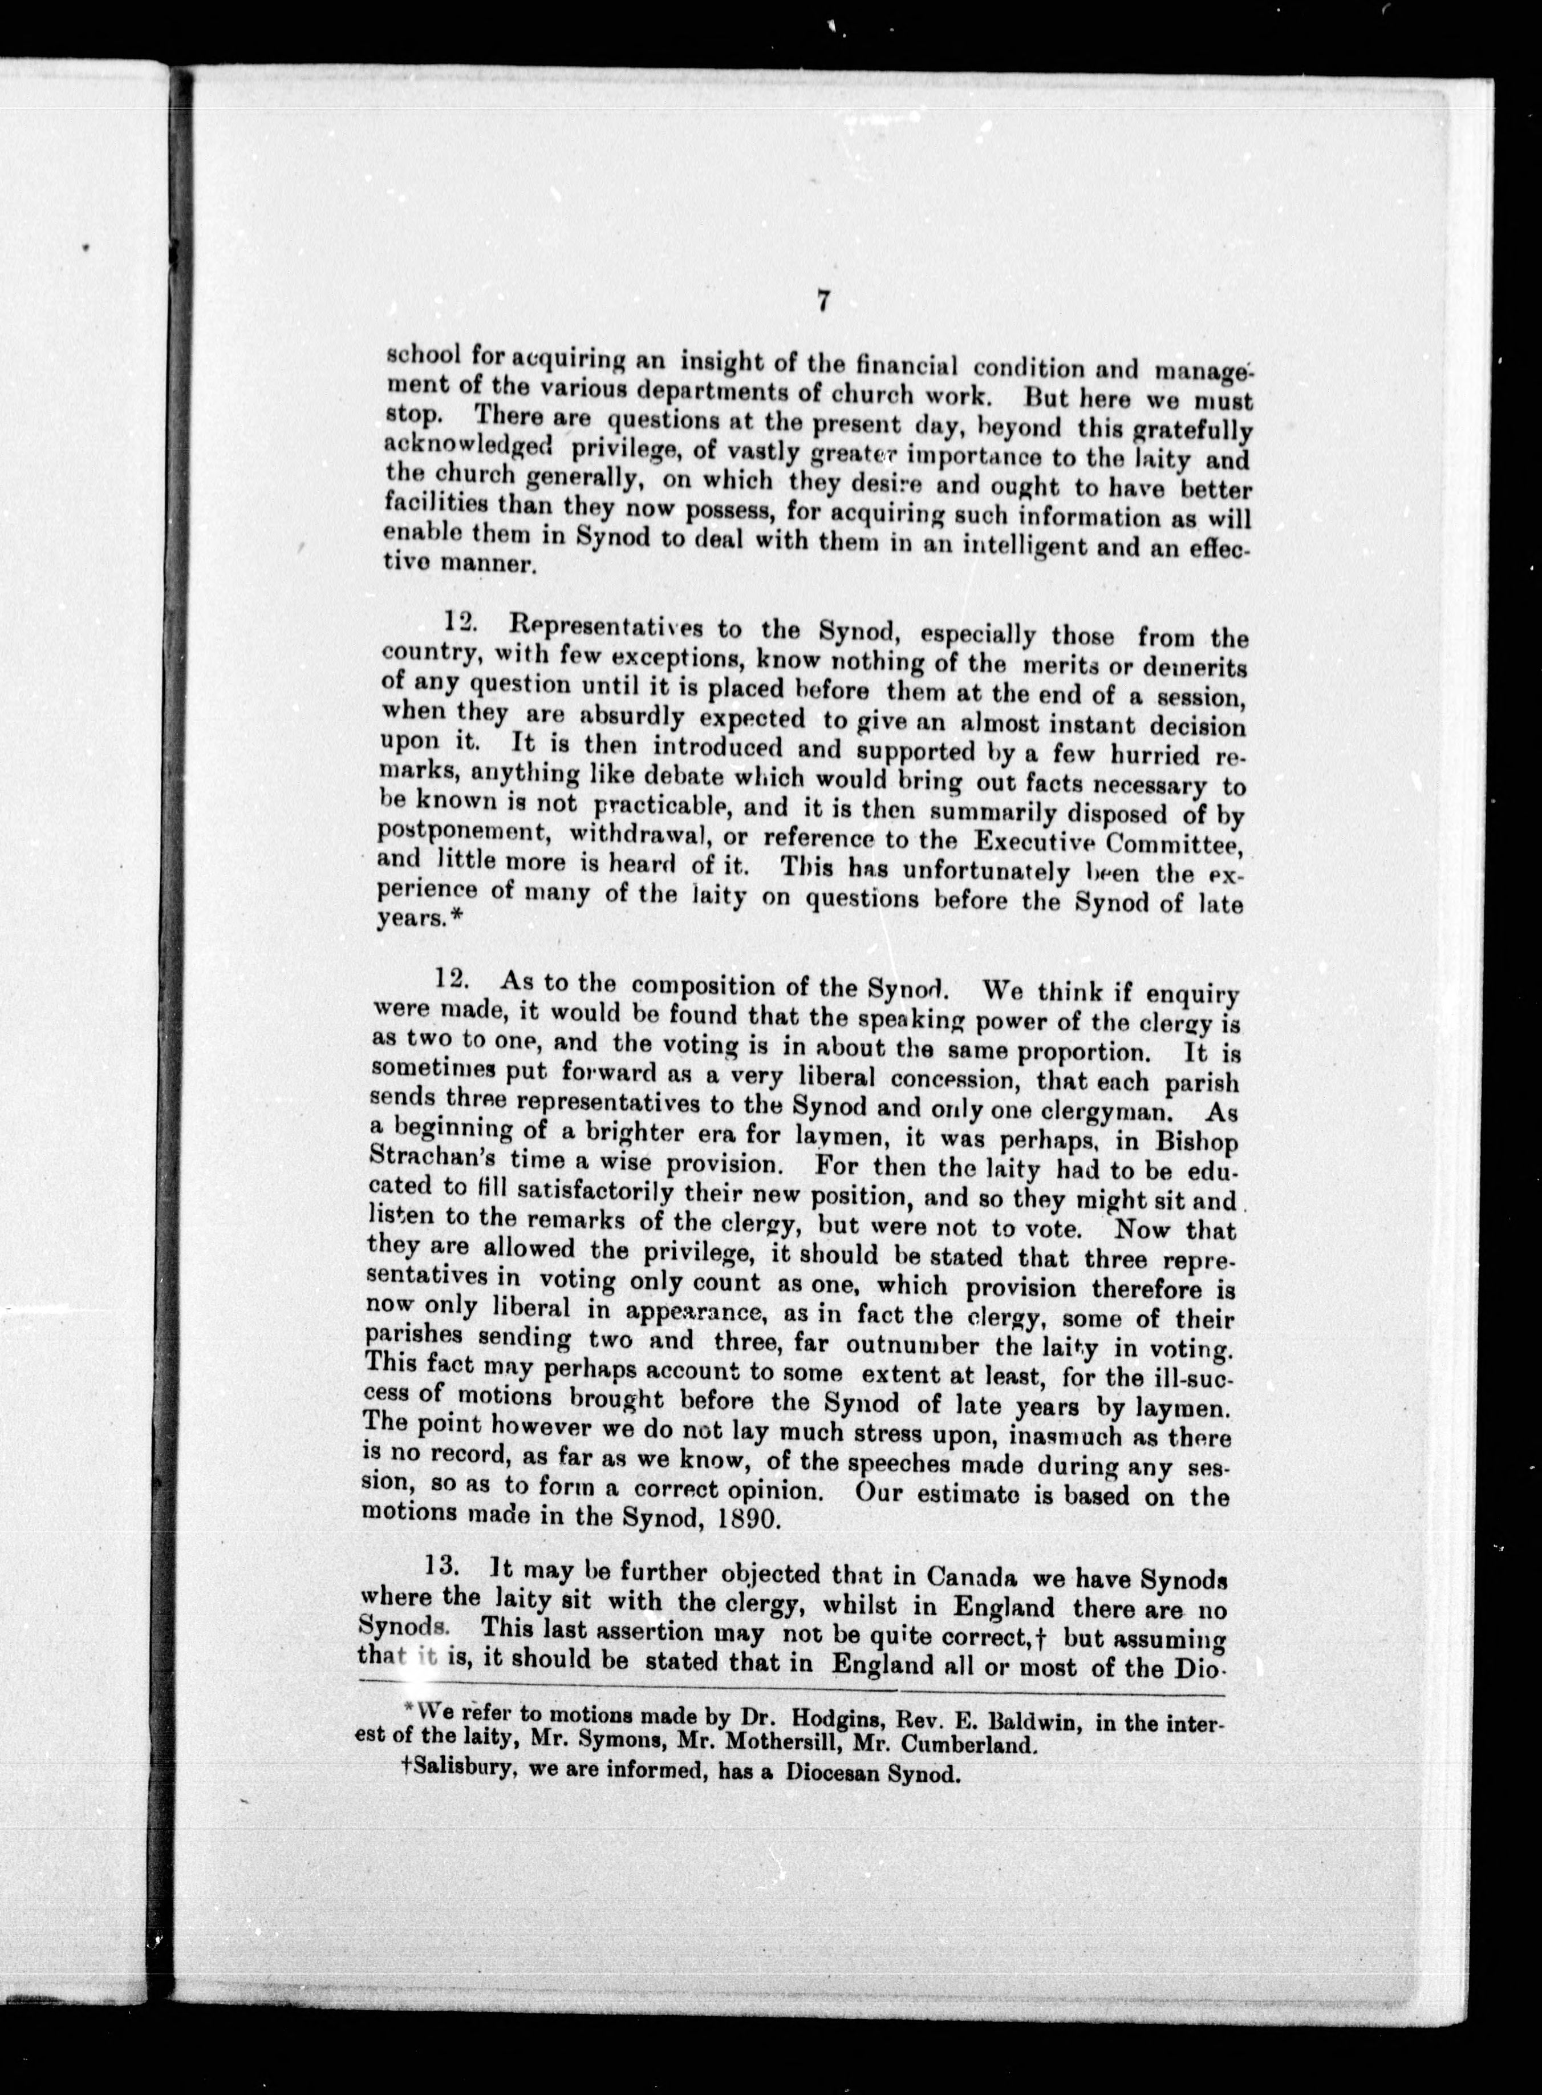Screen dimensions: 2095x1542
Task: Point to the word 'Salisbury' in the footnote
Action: [451, 1770]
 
